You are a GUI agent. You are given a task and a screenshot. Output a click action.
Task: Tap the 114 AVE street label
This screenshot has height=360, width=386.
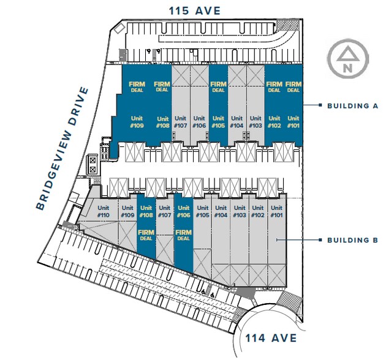tap(270, 337)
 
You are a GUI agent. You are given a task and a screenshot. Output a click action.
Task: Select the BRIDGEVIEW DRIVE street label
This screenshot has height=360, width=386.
tap(62, 149)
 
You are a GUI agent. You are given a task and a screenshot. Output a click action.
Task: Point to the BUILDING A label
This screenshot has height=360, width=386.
tap(352, 106)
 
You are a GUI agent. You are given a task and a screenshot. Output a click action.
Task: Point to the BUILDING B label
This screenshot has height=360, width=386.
tap(352, 240)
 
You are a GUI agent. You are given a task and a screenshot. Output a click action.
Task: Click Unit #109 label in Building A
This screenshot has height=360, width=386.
tap(137, 122)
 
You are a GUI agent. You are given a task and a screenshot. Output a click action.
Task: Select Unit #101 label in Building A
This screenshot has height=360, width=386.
tap(293, 122)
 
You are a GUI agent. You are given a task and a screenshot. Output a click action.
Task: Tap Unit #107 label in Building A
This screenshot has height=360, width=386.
tap(180, 122)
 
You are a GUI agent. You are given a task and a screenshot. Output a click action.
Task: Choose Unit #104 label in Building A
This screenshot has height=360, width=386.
tap(237, 122)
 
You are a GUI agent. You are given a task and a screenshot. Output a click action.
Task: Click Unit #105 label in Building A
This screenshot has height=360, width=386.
tap(218, 122)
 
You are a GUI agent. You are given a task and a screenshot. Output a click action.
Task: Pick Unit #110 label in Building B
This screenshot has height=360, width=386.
tap(104, 211)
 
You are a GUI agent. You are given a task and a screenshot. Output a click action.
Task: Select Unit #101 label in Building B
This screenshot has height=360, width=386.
tap(276, 211)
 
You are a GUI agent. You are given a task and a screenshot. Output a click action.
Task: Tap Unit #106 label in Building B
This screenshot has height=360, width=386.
tap(183, 211)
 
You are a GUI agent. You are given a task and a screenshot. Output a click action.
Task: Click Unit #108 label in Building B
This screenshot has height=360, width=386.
tap(146, 211)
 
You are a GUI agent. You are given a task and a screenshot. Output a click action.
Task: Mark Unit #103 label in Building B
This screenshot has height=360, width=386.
tap(240, 211)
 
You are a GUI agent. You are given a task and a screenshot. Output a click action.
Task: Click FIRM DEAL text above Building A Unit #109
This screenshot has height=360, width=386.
tap(137, 86)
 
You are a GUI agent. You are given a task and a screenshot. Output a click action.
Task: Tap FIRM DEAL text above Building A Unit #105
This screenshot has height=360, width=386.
tap(218, 86)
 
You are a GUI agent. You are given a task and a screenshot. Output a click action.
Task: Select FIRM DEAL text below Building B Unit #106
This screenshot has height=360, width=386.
tap(183, 235)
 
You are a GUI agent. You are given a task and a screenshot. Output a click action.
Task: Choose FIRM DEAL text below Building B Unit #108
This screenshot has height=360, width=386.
tap(146, 235)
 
